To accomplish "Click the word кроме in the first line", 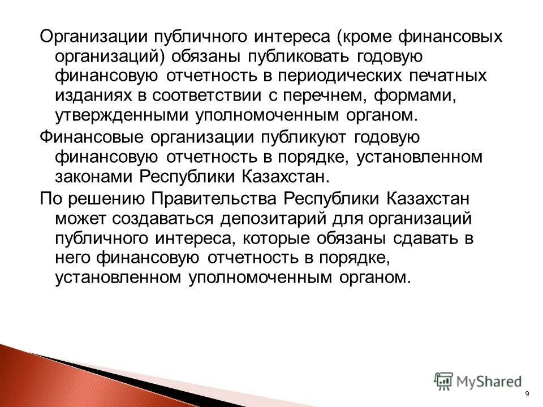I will coord(367,37).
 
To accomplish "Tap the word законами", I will coord(93,176).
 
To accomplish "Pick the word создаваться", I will coord(165,219).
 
